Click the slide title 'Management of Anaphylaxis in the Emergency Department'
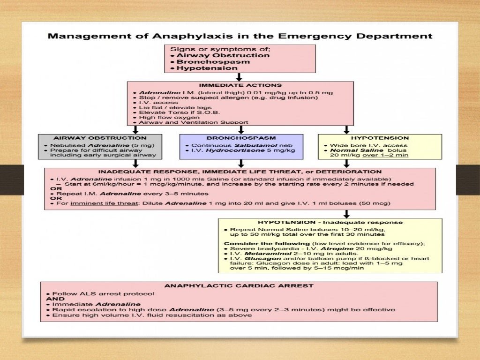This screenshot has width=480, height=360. pyautogui.click(x=240, y=36)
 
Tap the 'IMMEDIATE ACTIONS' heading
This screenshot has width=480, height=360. pyautogui.click(x=240, y=85)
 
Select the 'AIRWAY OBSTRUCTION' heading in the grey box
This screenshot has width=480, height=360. pyautogui.click(x=100, y=138)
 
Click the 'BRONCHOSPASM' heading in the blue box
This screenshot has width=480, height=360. pyautogui.click(x=241, y=138)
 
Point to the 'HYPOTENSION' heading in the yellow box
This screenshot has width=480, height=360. pyautogui.click(x=380, y=138)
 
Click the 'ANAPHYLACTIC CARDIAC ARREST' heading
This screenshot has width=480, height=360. pyautogui.click(x=239, y=285)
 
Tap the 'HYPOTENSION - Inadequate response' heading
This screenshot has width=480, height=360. pyautogui.click(x=330, y=222)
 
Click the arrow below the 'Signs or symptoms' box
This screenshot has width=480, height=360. pyautogui.click(x=239, y=77)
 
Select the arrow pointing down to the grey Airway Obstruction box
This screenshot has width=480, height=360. pyautogui.click(x=136, y=129)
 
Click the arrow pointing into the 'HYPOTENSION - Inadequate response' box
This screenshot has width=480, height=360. pyautogui.click(x=347, y=214)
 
